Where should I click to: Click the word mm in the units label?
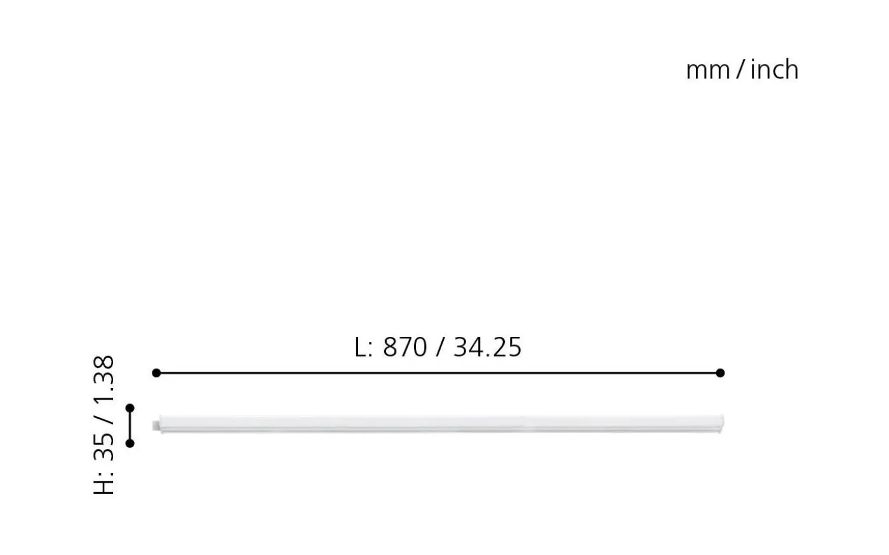pos(708,70)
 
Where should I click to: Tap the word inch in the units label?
pos(774,69)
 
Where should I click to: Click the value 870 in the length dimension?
pos(404,348)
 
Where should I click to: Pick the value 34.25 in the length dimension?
pos(487,348)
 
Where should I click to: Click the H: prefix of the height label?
pos(104,483)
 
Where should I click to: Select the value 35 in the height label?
pos(104,448)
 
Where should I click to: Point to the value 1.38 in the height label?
pos(104,379)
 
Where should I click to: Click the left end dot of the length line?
pos(156,373)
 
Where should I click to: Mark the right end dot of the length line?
pos(719,373)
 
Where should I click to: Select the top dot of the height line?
pos(130,408)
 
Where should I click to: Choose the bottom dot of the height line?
pos(130,443)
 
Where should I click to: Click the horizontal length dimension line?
pos(438,373)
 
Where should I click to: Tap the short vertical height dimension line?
pos(130,426)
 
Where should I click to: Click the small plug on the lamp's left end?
pos(156,425)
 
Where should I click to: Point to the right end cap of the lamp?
pos(721,422)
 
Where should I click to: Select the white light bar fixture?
pos(438,424)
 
